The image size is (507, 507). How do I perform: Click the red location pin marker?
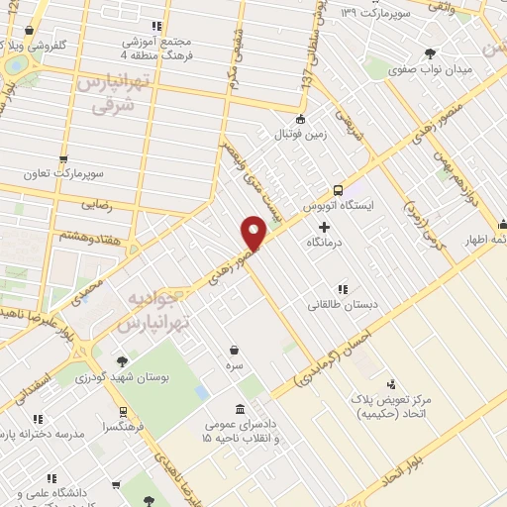click(254, 233)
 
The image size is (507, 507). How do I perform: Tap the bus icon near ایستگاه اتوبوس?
click(338, 189)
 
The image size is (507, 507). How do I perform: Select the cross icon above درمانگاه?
click(324, 227)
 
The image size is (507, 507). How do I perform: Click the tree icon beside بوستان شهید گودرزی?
click(121, 361)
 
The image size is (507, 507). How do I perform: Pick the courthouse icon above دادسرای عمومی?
click(241, 409)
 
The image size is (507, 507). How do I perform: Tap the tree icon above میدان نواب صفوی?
click(429, 53)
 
